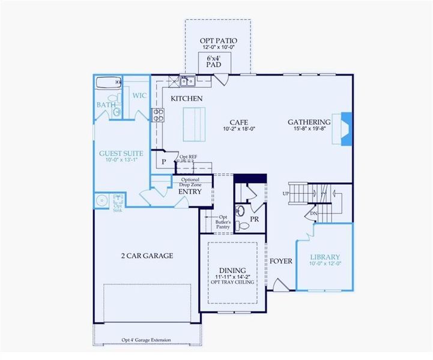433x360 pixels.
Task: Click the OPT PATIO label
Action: point(219,41)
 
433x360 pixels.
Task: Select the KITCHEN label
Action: point(186,98)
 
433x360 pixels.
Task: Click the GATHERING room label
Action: point(309,121)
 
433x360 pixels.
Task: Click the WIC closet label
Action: point(139,95)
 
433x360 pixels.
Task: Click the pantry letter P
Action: point(162,162)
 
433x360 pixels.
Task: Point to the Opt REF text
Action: point(188,157)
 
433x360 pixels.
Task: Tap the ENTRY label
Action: point(190,191)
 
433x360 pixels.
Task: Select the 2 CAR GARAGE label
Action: point(147,256)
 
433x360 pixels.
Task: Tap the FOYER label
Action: point(280,261)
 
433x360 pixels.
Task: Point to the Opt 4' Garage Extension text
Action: point(145,340)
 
